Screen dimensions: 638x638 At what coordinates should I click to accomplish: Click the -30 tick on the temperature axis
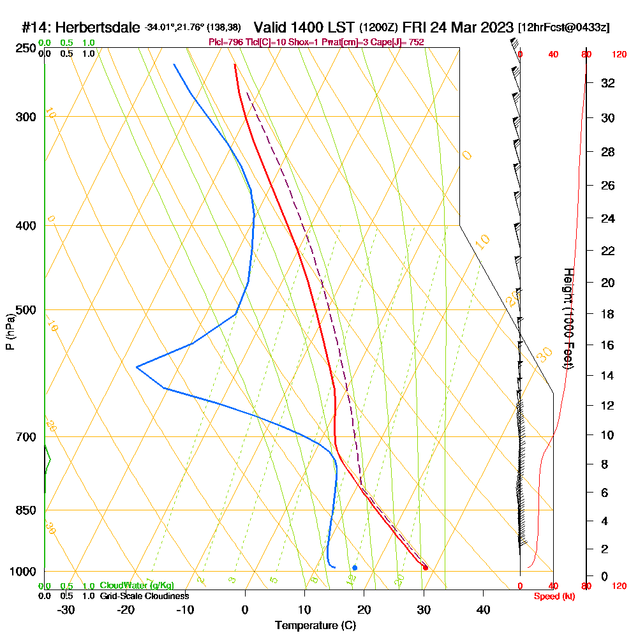(66, 609)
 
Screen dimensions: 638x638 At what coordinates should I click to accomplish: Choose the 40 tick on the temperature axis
(484, 609)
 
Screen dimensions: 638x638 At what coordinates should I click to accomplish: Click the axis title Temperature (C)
(315, 626)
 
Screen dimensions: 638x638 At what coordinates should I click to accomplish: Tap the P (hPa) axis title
(10, 331)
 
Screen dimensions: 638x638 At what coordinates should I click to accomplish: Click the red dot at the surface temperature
(426, 568)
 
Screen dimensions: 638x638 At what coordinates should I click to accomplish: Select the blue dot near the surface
(355, 567)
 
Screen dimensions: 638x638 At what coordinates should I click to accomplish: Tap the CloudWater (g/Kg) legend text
(137, 586)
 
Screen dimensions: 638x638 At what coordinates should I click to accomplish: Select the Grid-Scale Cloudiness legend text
(144, 596)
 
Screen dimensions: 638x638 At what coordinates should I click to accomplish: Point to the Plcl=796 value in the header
(226, 42)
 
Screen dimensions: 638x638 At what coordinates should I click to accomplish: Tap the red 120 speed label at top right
(619, 54)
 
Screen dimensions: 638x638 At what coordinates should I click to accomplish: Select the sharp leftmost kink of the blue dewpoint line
(137, 366)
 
